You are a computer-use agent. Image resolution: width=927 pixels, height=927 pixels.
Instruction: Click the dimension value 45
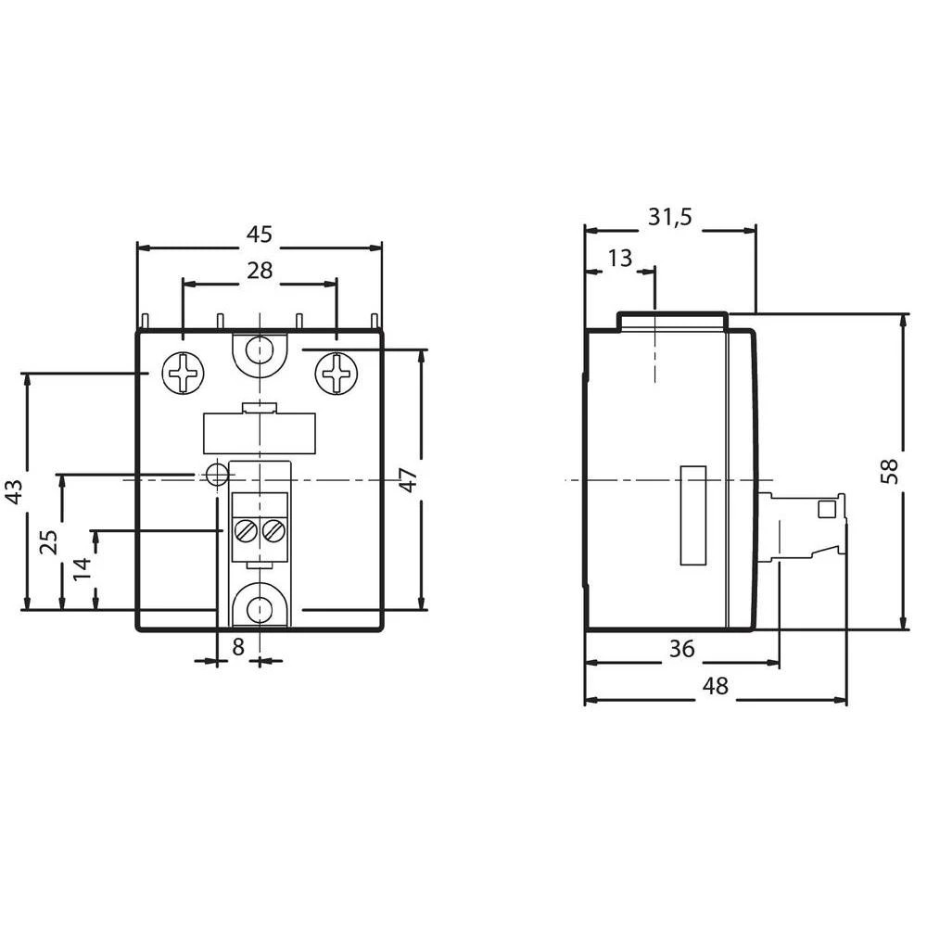259,235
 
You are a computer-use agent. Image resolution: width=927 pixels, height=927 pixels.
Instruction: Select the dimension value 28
259,270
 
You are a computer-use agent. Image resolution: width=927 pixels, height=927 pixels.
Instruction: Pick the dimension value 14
83,568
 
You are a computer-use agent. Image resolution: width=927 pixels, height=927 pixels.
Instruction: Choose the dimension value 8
238,648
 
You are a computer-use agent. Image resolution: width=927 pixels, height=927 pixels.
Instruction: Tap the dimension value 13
619,258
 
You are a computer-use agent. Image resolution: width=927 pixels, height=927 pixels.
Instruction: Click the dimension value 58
889,471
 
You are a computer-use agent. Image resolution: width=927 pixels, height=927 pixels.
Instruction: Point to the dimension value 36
681,649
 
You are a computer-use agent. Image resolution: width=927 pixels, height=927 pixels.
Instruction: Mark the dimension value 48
715,687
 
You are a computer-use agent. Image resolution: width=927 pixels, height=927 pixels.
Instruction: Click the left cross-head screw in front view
182,374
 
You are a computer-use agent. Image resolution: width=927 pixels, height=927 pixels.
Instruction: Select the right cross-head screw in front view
336,374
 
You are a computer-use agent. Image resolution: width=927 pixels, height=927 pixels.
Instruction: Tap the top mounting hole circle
259,351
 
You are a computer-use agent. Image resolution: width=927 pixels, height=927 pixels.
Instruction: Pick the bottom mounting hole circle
259,609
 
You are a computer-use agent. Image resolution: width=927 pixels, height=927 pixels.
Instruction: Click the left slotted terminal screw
246,531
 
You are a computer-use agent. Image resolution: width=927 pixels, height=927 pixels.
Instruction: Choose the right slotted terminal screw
273,531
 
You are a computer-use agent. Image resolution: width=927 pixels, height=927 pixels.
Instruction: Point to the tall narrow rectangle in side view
693,514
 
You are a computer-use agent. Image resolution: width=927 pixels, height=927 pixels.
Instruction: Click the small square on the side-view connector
824,509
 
